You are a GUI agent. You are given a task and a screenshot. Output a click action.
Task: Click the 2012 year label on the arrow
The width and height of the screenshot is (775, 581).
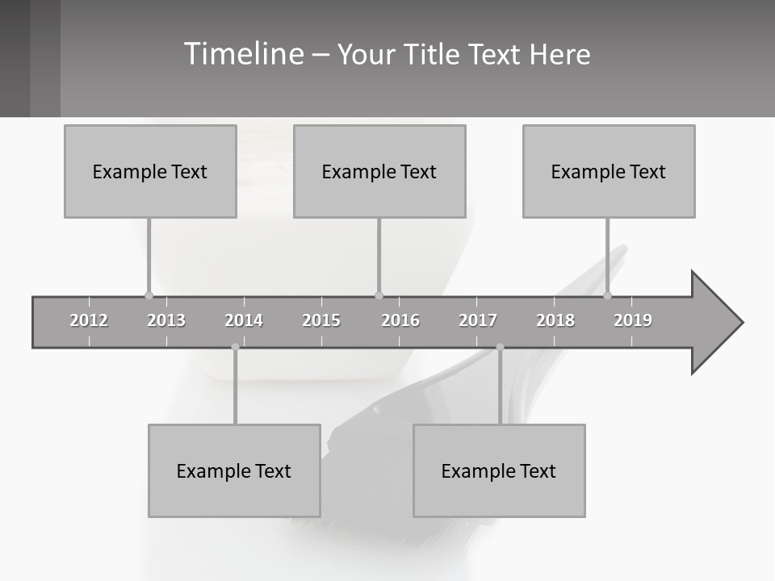[89, 320]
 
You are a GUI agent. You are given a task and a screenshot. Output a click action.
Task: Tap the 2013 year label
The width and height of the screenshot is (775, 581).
[166, 320]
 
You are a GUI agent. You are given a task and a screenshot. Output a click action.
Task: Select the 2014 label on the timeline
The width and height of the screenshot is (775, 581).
[244, 320]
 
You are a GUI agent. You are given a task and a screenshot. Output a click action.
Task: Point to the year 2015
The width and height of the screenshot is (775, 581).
[321, 320]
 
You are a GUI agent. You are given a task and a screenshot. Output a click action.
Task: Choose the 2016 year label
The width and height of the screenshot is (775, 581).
[400, 320]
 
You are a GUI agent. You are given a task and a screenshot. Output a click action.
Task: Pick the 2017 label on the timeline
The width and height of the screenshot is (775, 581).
[478, 320]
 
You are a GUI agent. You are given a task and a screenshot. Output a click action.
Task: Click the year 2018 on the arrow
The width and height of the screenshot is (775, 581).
[555, 320]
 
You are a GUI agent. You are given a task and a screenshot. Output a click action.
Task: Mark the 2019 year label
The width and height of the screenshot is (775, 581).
[633, 320]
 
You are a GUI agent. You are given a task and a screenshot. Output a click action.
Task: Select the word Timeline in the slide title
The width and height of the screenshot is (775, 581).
[243, 54]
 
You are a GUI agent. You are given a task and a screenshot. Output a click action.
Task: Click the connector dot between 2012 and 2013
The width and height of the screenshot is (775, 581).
[149, 295]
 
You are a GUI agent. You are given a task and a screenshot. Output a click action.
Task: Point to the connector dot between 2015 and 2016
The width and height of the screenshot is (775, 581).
[379, 295]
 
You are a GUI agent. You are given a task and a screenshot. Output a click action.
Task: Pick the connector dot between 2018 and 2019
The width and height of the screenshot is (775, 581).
[608, 295]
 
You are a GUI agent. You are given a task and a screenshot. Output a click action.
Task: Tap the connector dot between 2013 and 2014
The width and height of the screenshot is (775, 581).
[235, 347]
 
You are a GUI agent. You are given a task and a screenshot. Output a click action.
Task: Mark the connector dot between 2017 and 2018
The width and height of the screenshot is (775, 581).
[500, 347]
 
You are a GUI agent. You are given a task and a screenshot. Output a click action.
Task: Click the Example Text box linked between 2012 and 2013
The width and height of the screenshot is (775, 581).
[150, 171]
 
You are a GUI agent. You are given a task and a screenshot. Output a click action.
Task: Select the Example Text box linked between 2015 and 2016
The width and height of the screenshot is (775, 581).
[379, 171]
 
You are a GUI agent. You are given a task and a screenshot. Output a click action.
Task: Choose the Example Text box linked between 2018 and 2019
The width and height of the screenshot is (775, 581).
[609, 171]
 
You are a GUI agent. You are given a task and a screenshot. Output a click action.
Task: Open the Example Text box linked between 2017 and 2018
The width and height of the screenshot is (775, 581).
[499, 470]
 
